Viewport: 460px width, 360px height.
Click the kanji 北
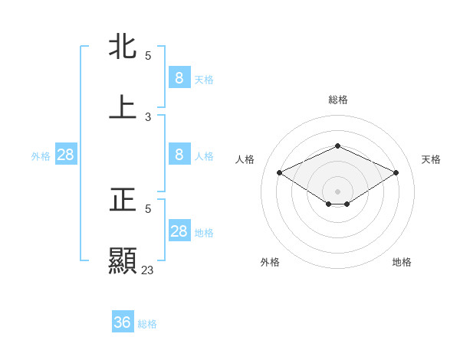[123, 47]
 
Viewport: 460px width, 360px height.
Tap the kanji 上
[123, 107]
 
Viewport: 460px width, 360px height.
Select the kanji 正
[123, 200]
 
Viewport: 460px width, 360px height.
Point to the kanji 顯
[123, 260]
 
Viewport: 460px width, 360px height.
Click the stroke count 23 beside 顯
[147, 270]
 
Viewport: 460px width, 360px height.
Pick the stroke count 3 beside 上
[148, 117]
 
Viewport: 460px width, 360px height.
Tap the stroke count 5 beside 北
[148, 56]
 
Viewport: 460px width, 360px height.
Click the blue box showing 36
[123, 322]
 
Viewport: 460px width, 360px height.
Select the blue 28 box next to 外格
[66, 155]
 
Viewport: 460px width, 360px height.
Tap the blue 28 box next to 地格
[179, 231]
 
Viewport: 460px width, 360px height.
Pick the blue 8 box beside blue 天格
[179, 78]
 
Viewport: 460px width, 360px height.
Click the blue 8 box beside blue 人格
[179, 155]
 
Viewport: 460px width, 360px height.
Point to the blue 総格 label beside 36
[147, 324]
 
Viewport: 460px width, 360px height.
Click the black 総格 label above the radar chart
[337, 100]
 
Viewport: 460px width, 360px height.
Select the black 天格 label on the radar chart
[431, 159]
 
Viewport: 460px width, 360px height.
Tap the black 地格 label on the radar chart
[402, 262]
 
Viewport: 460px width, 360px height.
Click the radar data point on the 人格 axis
[280, 173]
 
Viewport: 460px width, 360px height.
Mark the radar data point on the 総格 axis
[337, 146]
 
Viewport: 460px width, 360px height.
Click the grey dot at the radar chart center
[337, 191]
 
